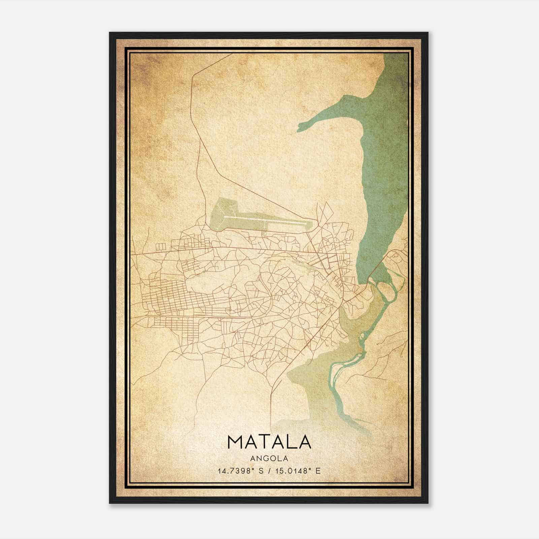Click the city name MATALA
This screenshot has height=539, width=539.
269,442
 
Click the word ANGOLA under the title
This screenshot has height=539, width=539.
269,458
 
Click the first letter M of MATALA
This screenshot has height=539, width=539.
235,442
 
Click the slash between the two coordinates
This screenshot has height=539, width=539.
269,471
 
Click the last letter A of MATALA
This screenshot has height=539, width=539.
304,442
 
